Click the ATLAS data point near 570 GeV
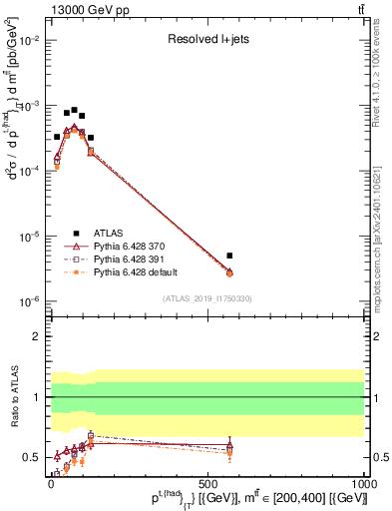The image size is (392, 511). coord(229,255)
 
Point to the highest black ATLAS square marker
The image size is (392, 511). coord(74,110)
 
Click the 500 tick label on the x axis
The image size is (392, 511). coord(207,482)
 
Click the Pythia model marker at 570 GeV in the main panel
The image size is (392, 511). coord(229,272)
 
